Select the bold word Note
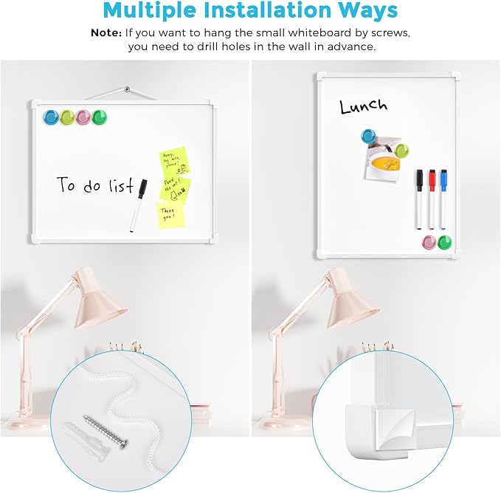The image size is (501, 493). point(106,33)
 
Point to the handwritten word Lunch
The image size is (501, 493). point(363,106)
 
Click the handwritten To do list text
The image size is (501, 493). point(95,185)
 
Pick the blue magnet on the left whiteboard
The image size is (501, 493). point(51,117)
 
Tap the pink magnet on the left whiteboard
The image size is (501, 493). point(83,117)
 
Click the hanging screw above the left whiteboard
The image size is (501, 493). point(128,89)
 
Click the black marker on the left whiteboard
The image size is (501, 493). point(139,206)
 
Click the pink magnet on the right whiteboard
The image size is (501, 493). point(429,242)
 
